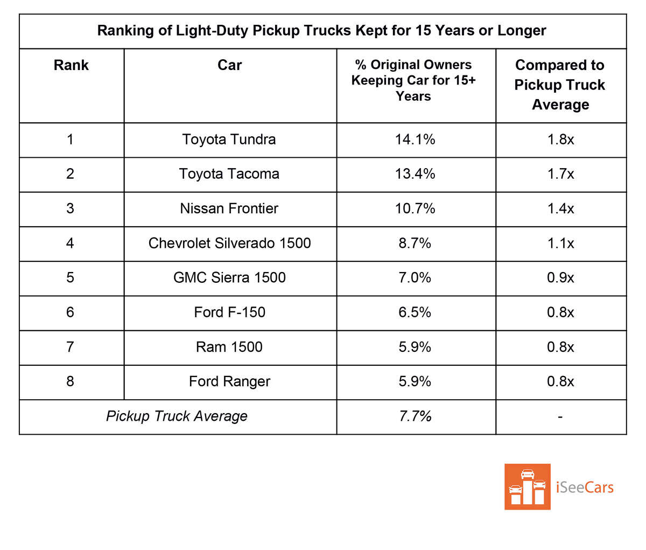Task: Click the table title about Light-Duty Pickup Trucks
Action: [321, 31]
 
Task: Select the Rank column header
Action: [71, 65]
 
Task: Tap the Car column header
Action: [230, 65]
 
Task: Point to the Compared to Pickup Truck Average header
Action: [560, 85]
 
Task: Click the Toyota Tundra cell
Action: [229, 140]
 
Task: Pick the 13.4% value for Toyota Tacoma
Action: [415, 174]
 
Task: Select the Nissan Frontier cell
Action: [229, 208]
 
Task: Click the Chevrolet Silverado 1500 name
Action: [229, 243]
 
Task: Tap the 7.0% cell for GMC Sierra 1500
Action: [415, 277]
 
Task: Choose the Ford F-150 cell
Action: [229, 312]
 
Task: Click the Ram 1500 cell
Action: [229, 347]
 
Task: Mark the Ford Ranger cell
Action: [229, 381]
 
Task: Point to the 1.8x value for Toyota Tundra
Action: [560, 140]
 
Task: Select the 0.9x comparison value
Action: [560, 277]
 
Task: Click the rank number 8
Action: [70, 381]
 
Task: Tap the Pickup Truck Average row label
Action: [177, 416]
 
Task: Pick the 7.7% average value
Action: [415, 416]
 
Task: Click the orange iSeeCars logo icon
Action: [527, 486]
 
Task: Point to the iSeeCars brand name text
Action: [585, 488]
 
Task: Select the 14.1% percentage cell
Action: [415, 140]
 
